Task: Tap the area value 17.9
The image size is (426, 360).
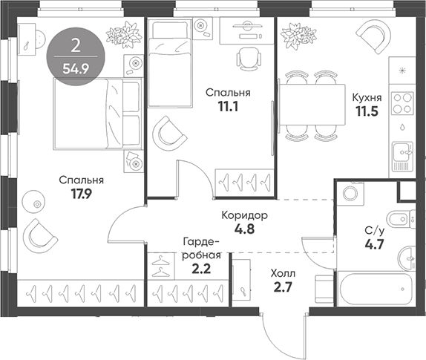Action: pos(82,197)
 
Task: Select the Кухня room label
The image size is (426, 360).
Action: pos(367,97)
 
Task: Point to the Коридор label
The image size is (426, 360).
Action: pos(244,215)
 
